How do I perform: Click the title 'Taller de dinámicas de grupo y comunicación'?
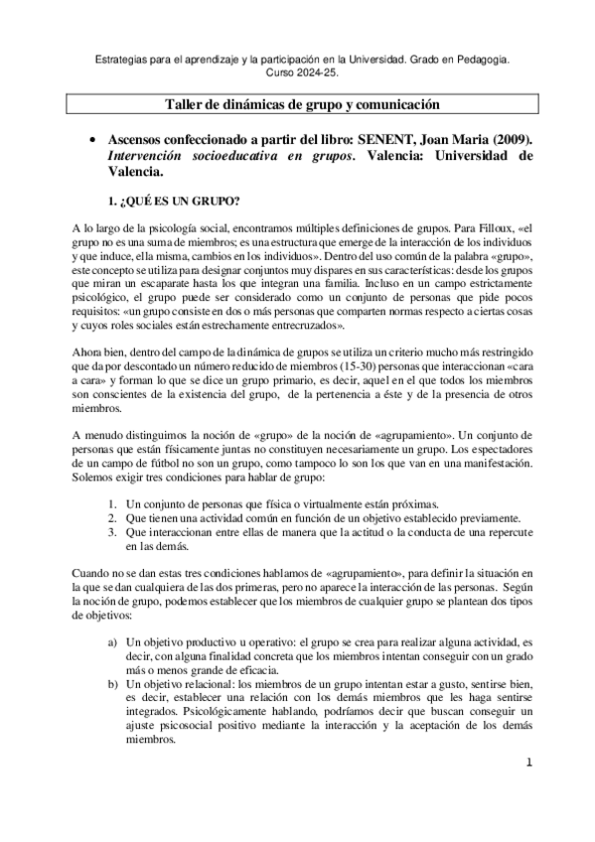[301, 105]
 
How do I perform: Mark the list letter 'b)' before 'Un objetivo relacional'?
[114, 684]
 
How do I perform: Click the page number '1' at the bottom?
[530, 763]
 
